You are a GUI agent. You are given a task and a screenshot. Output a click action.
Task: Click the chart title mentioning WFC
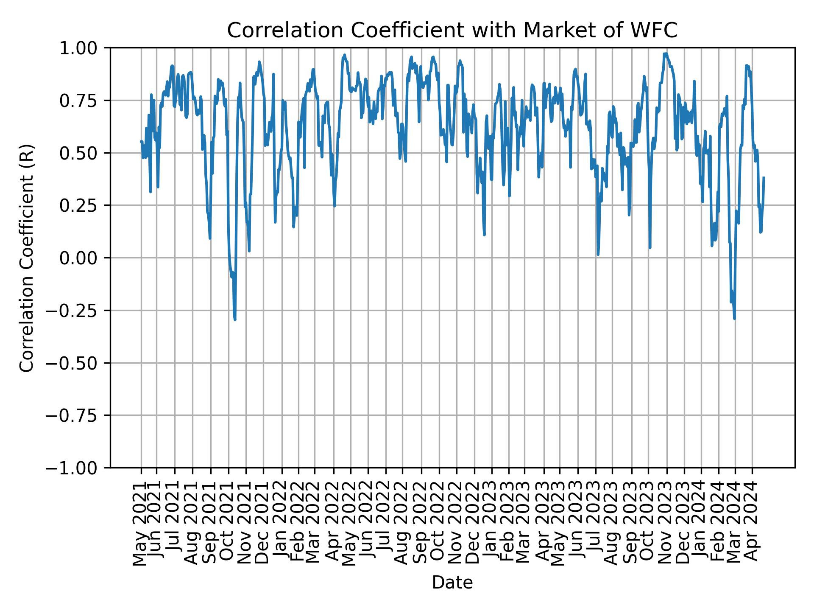point(452,31)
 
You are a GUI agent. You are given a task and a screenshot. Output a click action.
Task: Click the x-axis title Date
point(452,583)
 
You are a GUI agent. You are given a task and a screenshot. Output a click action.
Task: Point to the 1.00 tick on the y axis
point(84,48)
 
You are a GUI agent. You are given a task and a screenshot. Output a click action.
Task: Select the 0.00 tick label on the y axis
point(84,258)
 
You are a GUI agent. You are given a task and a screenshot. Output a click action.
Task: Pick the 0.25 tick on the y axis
point(84,205)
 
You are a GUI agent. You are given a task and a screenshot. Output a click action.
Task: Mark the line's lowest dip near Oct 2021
point(235,320)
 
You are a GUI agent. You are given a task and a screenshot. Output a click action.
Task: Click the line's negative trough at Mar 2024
point(734,318)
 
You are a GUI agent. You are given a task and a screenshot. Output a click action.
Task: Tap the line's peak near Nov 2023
point(666,53)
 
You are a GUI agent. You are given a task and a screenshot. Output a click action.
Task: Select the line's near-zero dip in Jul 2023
point(598,255)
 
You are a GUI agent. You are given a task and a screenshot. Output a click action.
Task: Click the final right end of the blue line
point(764,177)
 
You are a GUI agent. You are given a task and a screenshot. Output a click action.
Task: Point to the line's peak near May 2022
point(345,55)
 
